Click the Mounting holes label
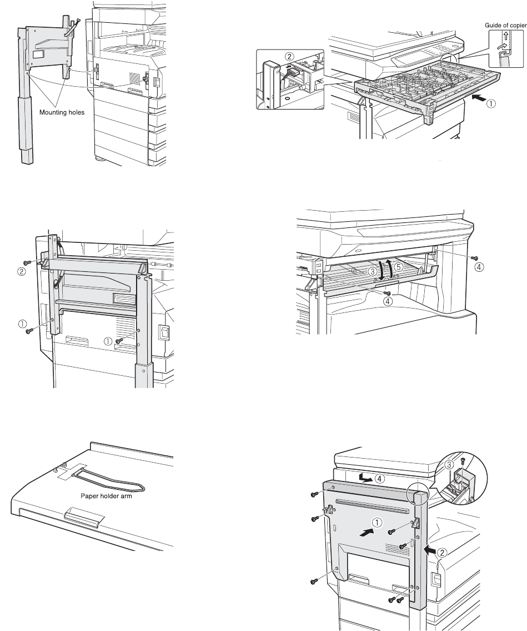61,112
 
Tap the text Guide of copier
496,25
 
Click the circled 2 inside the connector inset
289,57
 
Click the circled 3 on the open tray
373,271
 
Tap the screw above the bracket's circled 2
26,261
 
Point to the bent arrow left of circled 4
366,478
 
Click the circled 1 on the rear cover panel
377,523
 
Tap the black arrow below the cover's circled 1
365,533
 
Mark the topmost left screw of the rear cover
314,494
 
